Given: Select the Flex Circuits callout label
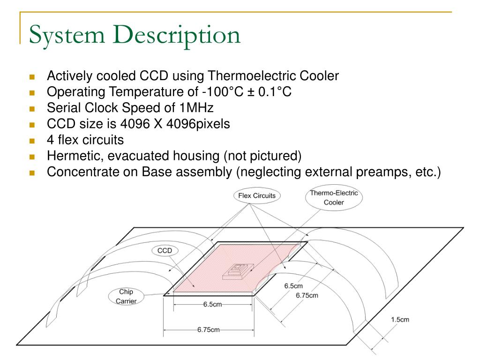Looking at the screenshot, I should coord(257,195).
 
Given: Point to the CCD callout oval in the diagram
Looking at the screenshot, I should coord(165,251).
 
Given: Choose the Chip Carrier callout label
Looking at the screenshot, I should coord(126,296).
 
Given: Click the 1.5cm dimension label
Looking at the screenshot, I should coord(400,320).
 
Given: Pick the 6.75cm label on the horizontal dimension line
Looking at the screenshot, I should coord(209,330).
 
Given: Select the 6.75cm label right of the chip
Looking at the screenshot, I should coord(307,295).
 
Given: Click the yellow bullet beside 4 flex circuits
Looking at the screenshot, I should coord(32,141).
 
